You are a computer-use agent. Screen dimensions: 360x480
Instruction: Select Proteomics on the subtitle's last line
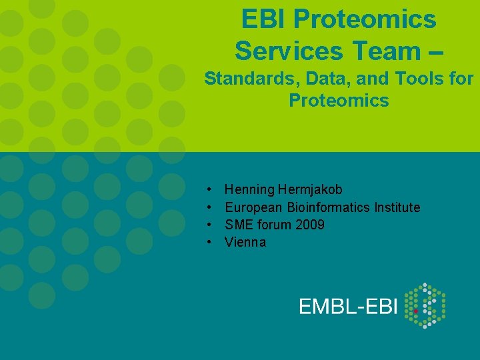point(339,101)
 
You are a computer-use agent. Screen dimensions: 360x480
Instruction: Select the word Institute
point(397,207)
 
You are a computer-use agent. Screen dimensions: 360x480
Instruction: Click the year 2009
point(309,225)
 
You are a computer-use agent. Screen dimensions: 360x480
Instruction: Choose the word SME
point(239,225)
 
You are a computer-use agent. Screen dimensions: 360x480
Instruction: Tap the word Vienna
point(245,242)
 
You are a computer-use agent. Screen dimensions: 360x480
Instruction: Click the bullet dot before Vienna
point(210,242)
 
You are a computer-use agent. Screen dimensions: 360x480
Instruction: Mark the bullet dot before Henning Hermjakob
point(210,190)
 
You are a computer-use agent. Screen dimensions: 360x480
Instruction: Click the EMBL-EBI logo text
point(348,306)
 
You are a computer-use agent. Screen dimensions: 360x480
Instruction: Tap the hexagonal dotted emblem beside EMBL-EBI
point(425,305)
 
